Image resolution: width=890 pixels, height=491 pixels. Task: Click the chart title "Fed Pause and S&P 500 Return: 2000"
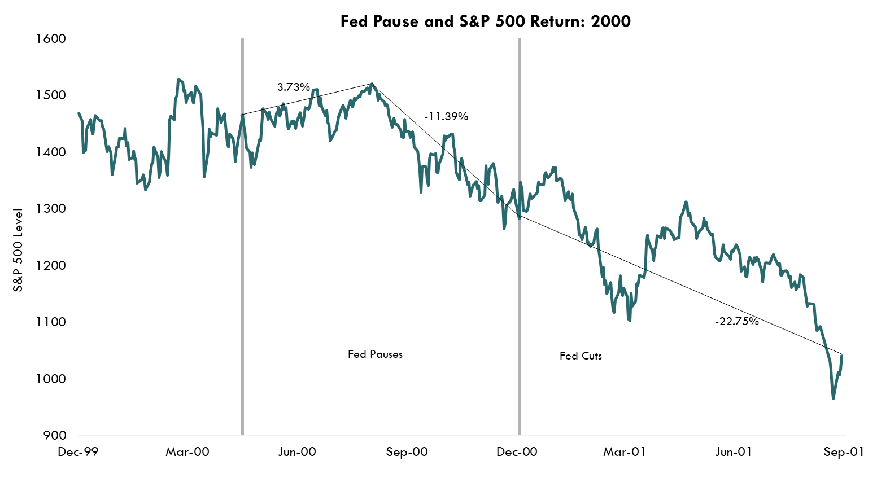point(485,21)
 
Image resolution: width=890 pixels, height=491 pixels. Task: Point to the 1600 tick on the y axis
point(50,39)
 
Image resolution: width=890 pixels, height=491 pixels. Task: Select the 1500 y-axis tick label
point(50,95)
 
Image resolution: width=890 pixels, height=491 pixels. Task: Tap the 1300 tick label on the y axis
point(50,209)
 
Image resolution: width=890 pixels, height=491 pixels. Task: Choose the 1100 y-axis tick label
point(50,322)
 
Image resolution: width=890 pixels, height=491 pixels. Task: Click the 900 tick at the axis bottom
point(55,436)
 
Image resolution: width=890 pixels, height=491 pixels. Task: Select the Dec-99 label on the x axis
point(78,452)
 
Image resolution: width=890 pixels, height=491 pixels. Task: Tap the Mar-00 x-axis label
point(187,452)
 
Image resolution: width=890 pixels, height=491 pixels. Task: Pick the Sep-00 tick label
point(407,452)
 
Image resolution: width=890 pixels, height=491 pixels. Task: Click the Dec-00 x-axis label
point(517,452)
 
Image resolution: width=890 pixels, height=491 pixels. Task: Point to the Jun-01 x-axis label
point(734,452)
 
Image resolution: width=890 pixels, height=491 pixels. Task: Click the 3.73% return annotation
point(293,87)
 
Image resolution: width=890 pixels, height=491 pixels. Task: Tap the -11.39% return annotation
point(446,117)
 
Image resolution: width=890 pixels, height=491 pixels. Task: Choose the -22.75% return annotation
point(736,322)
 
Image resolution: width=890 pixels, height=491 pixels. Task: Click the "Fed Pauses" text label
point(375,354)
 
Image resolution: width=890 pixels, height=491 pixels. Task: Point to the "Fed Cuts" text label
point(581,356)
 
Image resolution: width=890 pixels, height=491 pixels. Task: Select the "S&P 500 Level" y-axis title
point(19,249)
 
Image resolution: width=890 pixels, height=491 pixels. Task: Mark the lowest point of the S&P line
point(833,399)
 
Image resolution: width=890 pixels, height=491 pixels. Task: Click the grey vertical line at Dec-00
point(520,282)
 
